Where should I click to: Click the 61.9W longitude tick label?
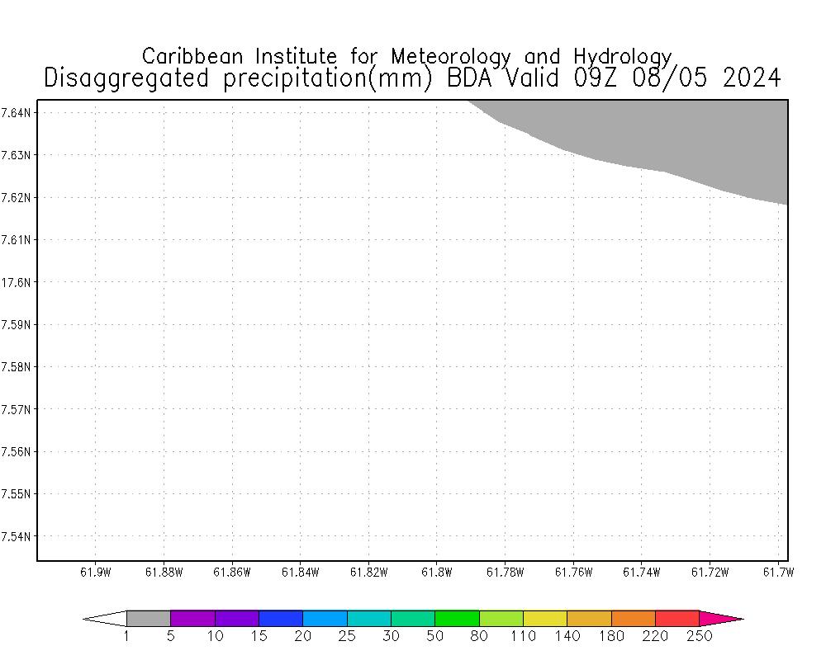(95, 572)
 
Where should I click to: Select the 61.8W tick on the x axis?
(436, 572)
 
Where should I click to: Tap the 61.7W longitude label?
(777, 572)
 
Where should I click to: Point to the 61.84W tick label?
(300, 572)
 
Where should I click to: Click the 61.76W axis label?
(572, 572)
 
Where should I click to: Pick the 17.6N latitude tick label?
(17, 282)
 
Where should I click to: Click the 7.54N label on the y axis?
(17, 537)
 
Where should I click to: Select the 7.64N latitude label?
(17, 112)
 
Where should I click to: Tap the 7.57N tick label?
(17, 409)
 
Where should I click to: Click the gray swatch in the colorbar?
(149, 618)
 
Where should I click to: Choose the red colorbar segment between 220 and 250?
(677, 618)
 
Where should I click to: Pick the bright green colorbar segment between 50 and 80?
(457, 618)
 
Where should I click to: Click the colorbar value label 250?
(699, 636)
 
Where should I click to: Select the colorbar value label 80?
(479, 636)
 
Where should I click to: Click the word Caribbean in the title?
(193, 56)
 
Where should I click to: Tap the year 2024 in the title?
(751, 78)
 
